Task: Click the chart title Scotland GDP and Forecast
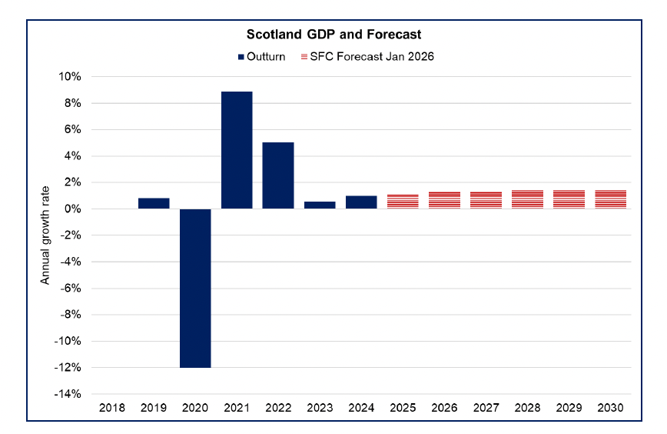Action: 333,35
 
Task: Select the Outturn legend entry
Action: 261,56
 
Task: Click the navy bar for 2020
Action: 195,288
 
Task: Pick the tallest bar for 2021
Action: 237,150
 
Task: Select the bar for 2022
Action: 278,175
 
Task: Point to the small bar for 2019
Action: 154,203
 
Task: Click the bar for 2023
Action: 320,205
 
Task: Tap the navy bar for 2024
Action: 361,202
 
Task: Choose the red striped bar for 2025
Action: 403,202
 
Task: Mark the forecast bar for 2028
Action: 527,199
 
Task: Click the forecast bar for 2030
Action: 610,199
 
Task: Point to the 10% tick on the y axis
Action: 70,77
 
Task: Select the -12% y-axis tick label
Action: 68,368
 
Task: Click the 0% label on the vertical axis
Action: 73,209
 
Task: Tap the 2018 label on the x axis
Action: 112,407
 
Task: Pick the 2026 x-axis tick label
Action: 444,407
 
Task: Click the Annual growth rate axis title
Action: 45,235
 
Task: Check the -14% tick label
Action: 68,394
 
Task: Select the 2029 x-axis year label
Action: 569,407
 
